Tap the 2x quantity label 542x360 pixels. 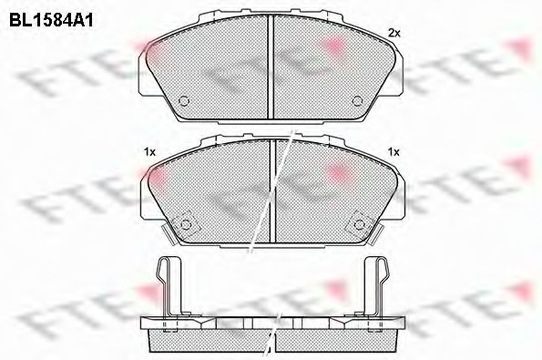tap(394, 33)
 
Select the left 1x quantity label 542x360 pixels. tap(149, 151)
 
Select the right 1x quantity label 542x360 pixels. tap(394, 151)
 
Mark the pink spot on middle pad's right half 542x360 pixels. tap(339, 171)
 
